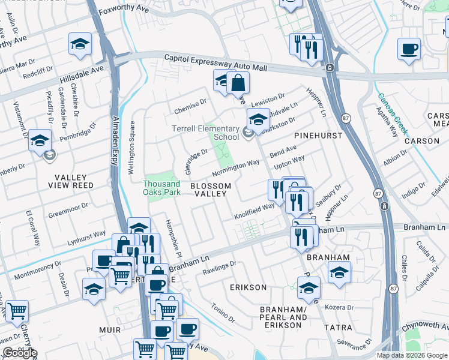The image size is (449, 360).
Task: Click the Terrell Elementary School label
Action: (x=205, y=133)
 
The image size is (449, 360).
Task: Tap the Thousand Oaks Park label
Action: (x=161, y=188)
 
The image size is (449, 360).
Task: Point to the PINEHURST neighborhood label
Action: (x=318, y=136)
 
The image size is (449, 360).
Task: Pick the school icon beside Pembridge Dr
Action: (x=40, y=141)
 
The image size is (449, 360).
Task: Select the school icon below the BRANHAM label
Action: (x=339, y=272)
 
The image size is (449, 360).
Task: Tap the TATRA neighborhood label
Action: (x=334, y=328)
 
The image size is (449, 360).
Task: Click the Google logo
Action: (x=20, y=353)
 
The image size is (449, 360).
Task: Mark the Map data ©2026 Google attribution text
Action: (x=411, y=355)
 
